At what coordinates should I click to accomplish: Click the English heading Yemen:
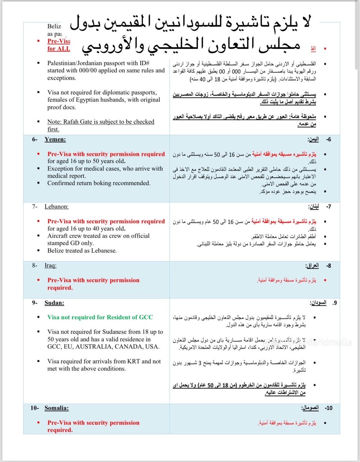click(55, 139)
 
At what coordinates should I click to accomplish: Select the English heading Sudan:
click(54, 303)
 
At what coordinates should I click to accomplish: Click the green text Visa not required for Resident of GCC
click(100, 317)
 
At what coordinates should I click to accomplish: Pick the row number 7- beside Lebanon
click(35, 206)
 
